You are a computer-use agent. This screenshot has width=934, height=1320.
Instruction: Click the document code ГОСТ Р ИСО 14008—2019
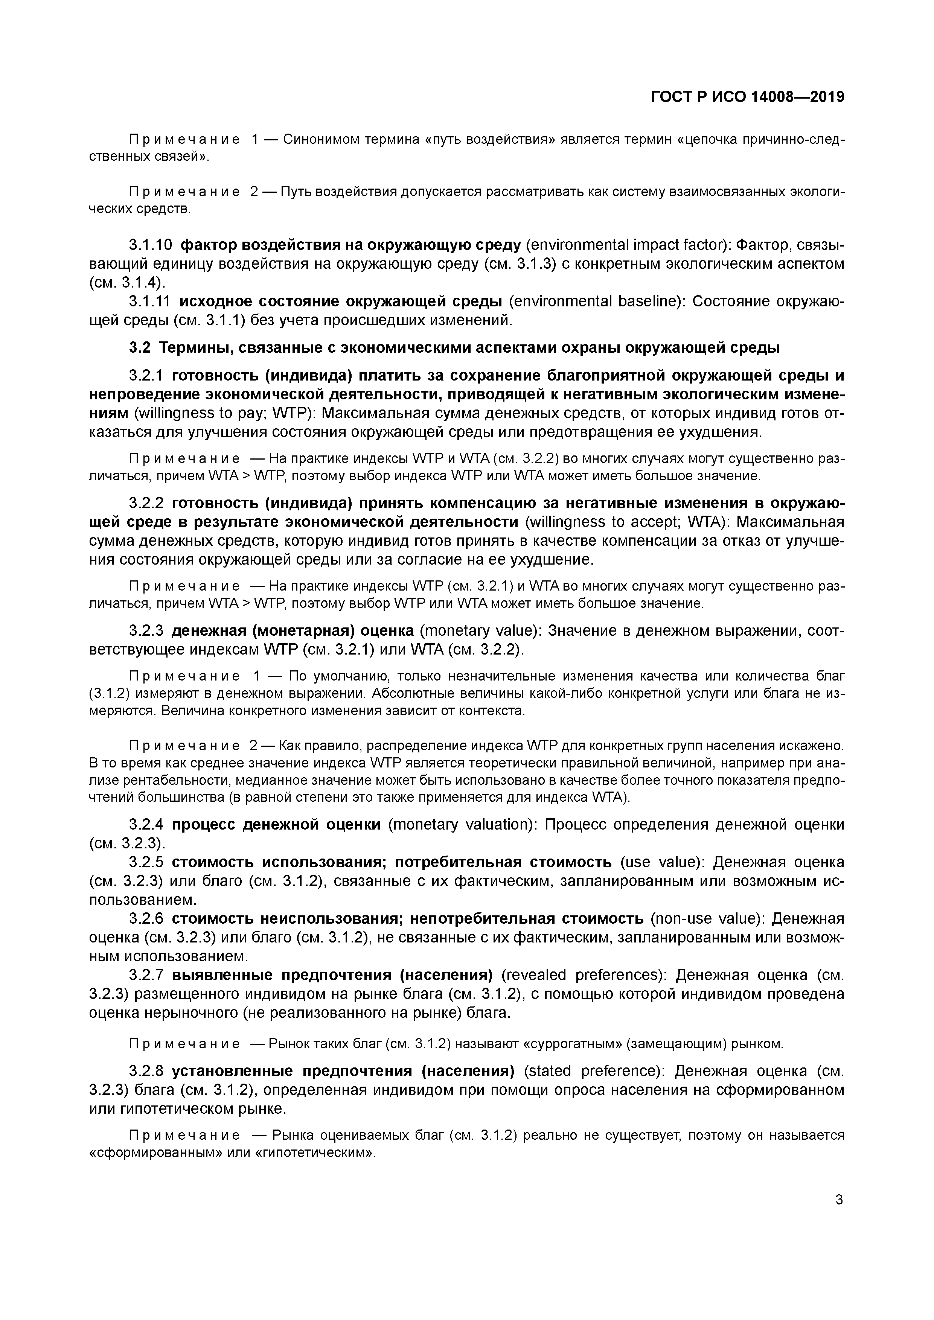point(748,97)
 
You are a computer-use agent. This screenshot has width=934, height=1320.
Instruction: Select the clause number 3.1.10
point(150,245)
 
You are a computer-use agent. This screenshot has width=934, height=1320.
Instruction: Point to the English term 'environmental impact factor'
point(626,245)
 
